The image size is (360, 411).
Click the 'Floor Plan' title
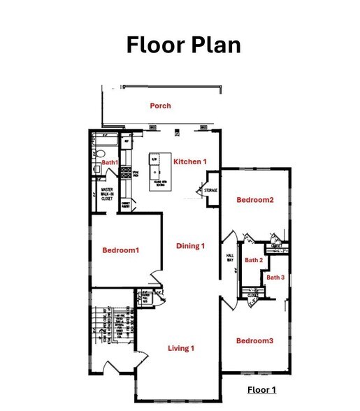point(183,45)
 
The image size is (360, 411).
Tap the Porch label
point(160,106)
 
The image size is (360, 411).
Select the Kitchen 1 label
point(190,161)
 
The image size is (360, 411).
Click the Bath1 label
point(110,162)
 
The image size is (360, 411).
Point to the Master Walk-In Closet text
point(107,194)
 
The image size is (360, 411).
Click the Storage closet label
point(211,190)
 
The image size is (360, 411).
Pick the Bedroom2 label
point(254,200)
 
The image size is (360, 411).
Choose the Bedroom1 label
point(121,250)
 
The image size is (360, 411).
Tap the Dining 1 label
point(190,245)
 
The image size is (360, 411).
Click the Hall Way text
point(229,259)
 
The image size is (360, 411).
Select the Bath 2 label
point(254,260)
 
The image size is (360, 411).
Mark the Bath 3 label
point(275,277)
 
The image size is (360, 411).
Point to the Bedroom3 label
point(254,340)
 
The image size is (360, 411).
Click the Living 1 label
point(181,347)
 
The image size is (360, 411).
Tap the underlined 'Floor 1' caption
point(263,389)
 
